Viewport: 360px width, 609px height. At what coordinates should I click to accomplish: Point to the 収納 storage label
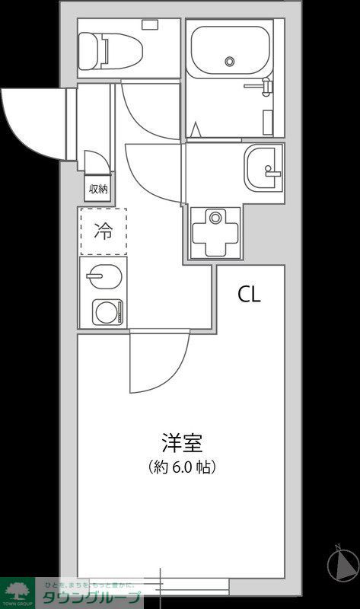97,189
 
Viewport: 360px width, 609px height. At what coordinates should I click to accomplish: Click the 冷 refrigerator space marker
101,231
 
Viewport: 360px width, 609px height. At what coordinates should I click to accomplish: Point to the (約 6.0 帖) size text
181,467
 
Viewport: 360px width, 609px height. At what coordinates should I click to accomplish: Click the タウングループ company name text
92,598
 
